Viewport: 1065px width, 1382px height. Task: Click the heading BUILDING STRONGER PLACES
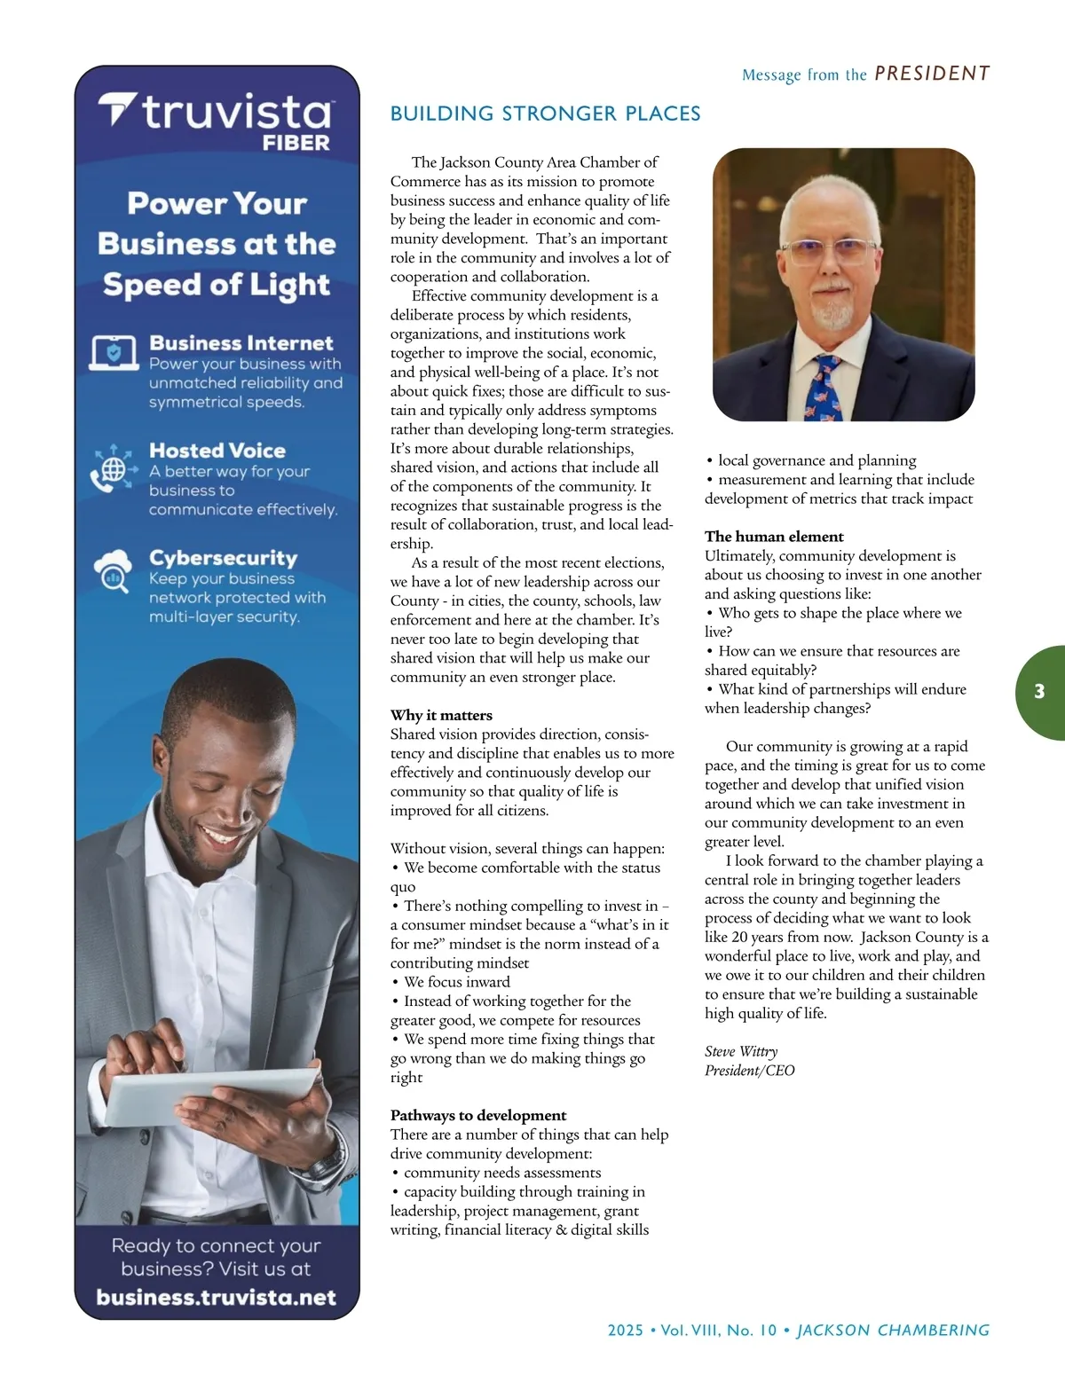545,114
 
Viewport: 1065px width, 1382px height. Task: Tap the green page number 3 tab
1039,692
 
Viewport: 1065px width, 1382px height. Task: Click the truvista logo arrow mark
116,109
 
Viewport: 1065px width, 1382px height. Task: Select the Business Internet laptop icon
114,353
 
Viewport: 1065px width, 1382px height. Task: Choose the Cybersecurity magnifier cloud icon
114,572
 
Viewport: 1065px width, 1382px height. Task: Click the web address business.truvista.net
217,1297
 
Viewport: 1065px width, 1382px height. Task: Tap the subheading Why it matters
441,715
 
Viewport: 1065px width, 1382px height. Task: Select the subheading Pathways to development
478,1115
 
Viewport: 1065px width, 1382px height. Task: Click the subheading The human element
774,537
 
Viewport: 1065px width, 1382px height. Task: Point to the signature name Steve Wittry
741,1051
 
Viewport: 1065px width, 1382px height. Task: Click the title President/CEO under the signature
750,1071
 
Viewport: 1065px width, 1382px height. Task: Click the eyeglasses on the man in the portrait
827,252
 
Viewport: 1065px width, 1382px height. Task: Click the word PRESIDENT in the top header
932,74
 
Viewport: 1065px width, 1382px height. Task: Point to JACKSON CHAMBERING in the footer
893,1331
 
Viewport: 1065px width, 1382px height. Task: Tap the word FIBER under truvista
296,143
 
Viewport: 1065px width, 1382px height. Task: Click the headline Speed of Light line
217,285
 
